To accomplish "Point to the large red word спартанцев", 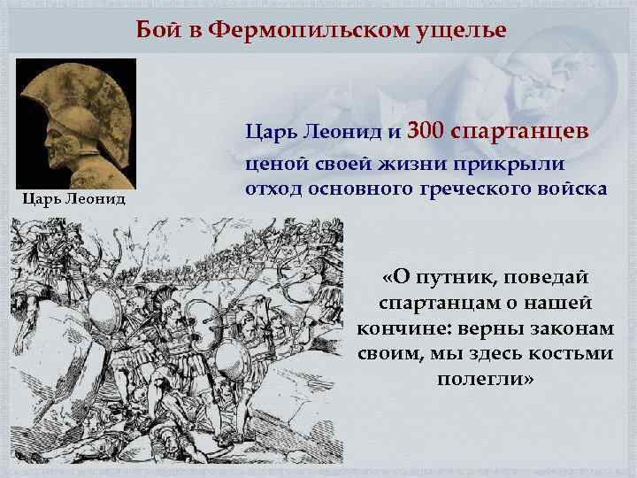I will click(x=518, y=133).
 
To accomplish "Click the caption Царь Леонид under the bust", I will click(x=74, y=199).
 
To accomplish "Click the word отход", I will click(x=272, y=189).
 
